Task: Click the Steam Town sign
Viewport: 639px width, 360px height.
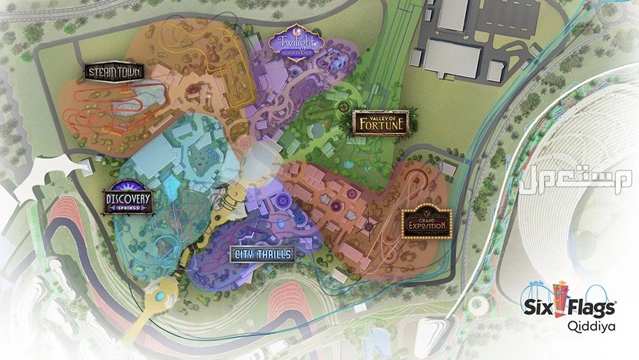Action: point(111,72)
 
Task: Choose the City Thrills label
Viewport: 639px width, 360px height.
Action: point(262,254)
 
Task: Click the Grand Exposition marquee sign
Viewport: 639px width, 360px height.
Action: point(425,222)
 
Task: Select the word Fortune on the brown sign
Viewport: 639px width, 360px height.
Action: point(381,125)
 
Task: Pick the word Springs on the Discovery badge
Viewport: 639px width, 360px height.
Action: point(128,208)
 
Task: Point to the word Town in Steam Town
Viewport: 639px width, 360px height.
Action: point(128,72)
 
